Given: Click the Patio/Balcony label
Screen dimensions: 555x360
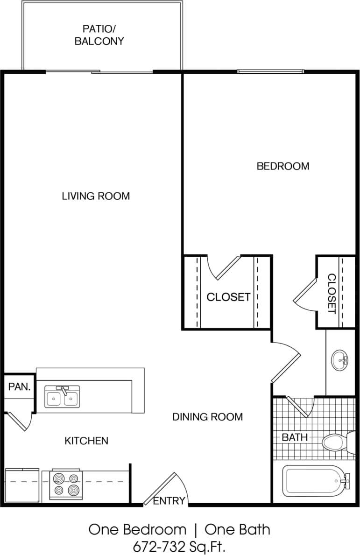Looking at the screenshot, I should point(99,35).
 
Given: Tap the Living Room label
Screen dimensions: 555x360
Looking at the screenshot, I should point(96,196).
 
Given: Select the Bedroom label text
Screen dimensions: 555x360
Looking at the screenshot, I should point(283,166).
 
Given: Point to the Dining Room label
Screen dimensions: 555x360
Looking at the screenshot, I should point(207,417).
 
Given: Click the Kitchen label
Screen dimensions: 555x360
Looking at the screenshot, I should point(86,440).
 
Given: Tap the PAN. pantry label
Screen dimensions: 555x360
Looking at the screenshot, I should point(19,387).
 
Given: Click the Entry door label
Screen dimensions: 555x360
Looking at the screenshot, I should point(169,501).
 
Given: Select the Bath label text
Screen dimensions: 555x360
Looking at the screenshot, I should point(295,437).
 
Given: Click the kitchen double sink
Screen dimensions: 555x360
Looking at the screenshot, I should point(62,397).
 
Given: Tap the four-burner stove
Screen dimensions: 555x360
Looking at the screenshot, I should point(66,485).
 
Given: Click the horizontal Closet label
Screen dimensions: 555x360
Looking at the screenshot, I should point(228,297).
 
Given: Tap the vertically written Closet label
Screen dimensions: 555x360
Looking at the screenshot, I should point(332,293).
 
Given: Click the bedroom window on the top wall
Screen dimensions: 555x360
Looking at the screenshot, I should point(270,71).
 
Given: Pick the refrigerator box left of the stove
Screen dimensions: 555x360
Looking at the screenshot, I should point(22,485).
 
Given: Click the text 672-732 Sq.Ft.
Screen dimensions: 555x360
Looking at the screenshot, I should point(180,545).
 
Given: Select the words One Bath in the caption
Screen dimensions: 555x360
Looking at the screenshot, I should point(237,529).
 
